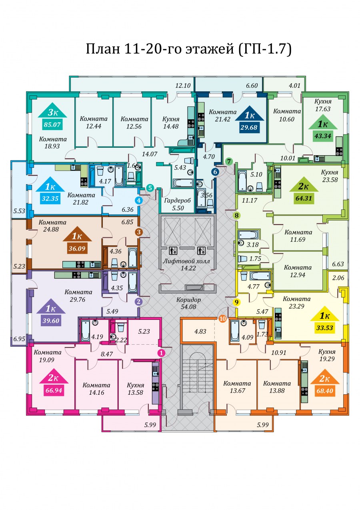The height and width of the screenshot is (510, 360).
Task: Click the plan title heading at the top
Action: click(x=188, y=49)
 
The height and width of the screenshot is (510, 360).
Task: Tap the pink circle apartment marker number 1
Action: click(x=161, y=353)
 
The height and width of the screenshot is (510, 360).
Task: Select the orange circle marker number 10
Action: click(x=222, y=319)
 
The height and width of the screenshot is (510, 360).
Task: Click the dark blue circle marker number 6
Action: click(x=215, y=172)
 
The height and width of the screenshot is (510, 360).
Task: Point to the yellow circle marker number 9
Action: click(x=237, y=302)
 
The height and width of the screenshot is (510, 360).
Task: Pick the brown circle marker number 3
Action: click(x=139, y=232)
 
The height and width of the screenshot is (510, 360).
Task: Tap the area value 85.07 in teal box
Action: click(x=52, y=124)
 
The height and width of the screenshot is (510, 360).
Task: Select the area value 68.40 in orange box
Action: click(x=325, y=391)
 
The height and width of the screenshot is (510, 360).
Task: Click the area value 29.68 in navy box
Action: click(x=249, y=127)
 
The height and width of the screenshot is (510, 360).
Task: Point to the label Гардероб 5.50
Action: click(x=178, y=204)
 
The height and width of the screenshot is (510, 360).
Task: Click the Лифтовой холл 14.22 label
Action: click(x=186, y=265)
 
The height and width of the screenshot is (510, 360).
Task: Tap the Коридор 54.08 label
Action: click(x=188, y=303)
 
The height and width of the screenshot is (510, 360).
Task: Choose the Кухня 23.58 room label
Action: click(x=330, y=176)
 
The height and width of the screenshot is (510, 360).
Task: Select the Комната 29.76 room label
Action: click(x=78, y=296)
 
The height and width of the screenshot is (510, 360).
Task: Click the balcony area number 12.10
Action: click(x=183, y=86)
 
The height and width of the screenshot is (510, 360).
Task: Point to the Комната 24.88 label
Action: click(x=52, y=226)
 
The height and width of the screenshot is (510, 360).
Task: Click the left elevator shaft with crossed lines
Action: click(x=172, y=231)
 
